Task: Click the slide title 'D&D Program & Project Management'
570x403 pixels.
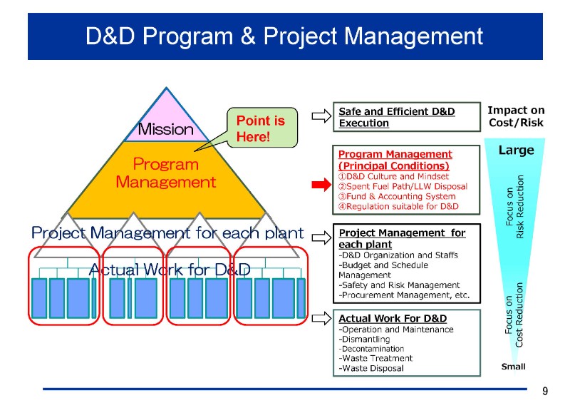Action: pos(284,36)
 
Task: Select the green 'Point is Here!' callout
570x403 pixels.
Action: pos(261,128)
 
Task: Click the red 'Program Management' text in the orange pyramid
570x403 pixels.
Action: pos(165,173)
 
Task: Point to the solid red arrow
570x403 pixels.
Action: pos(322,185)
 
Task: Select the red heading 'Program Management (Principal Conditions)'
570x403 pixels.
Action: pos(395,159)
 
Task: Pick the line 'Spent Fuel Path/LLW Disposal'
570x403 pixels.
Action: pos(403,186)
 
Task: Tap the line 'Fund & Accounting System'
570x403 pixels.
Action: pos(397,196)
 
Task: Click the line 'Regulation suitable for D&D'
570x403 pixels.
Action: pos(398,206)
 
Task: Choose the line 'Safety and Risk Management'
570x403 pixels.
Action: pos(399,285)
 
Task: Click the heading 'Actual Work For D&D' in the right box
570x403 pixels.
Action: pos(393,318)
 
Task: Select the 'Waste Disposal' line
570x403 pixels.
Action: pos(371,368)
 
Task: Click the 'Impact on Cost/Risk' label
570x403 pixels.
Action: pos(516,116)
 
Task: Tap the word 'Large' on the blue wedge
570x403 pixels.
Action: pos(516,151)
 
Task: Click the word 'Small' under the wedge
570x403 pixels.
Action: pos(513,367)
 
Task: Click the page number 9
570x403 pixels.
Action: pos(545,391)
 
